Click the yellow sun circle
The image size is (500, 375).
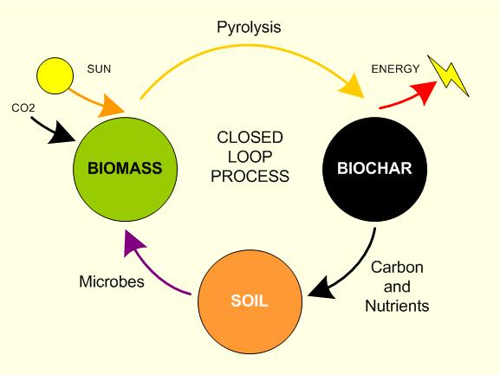[55, 74]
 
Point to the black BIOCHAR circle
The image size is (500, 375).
[376, 168]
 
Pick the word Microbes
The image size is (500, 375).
[113, 281]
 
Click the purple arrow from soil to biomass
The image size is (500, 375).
[156, 264]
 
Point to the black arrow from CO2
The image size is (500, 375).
[56, 130]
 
